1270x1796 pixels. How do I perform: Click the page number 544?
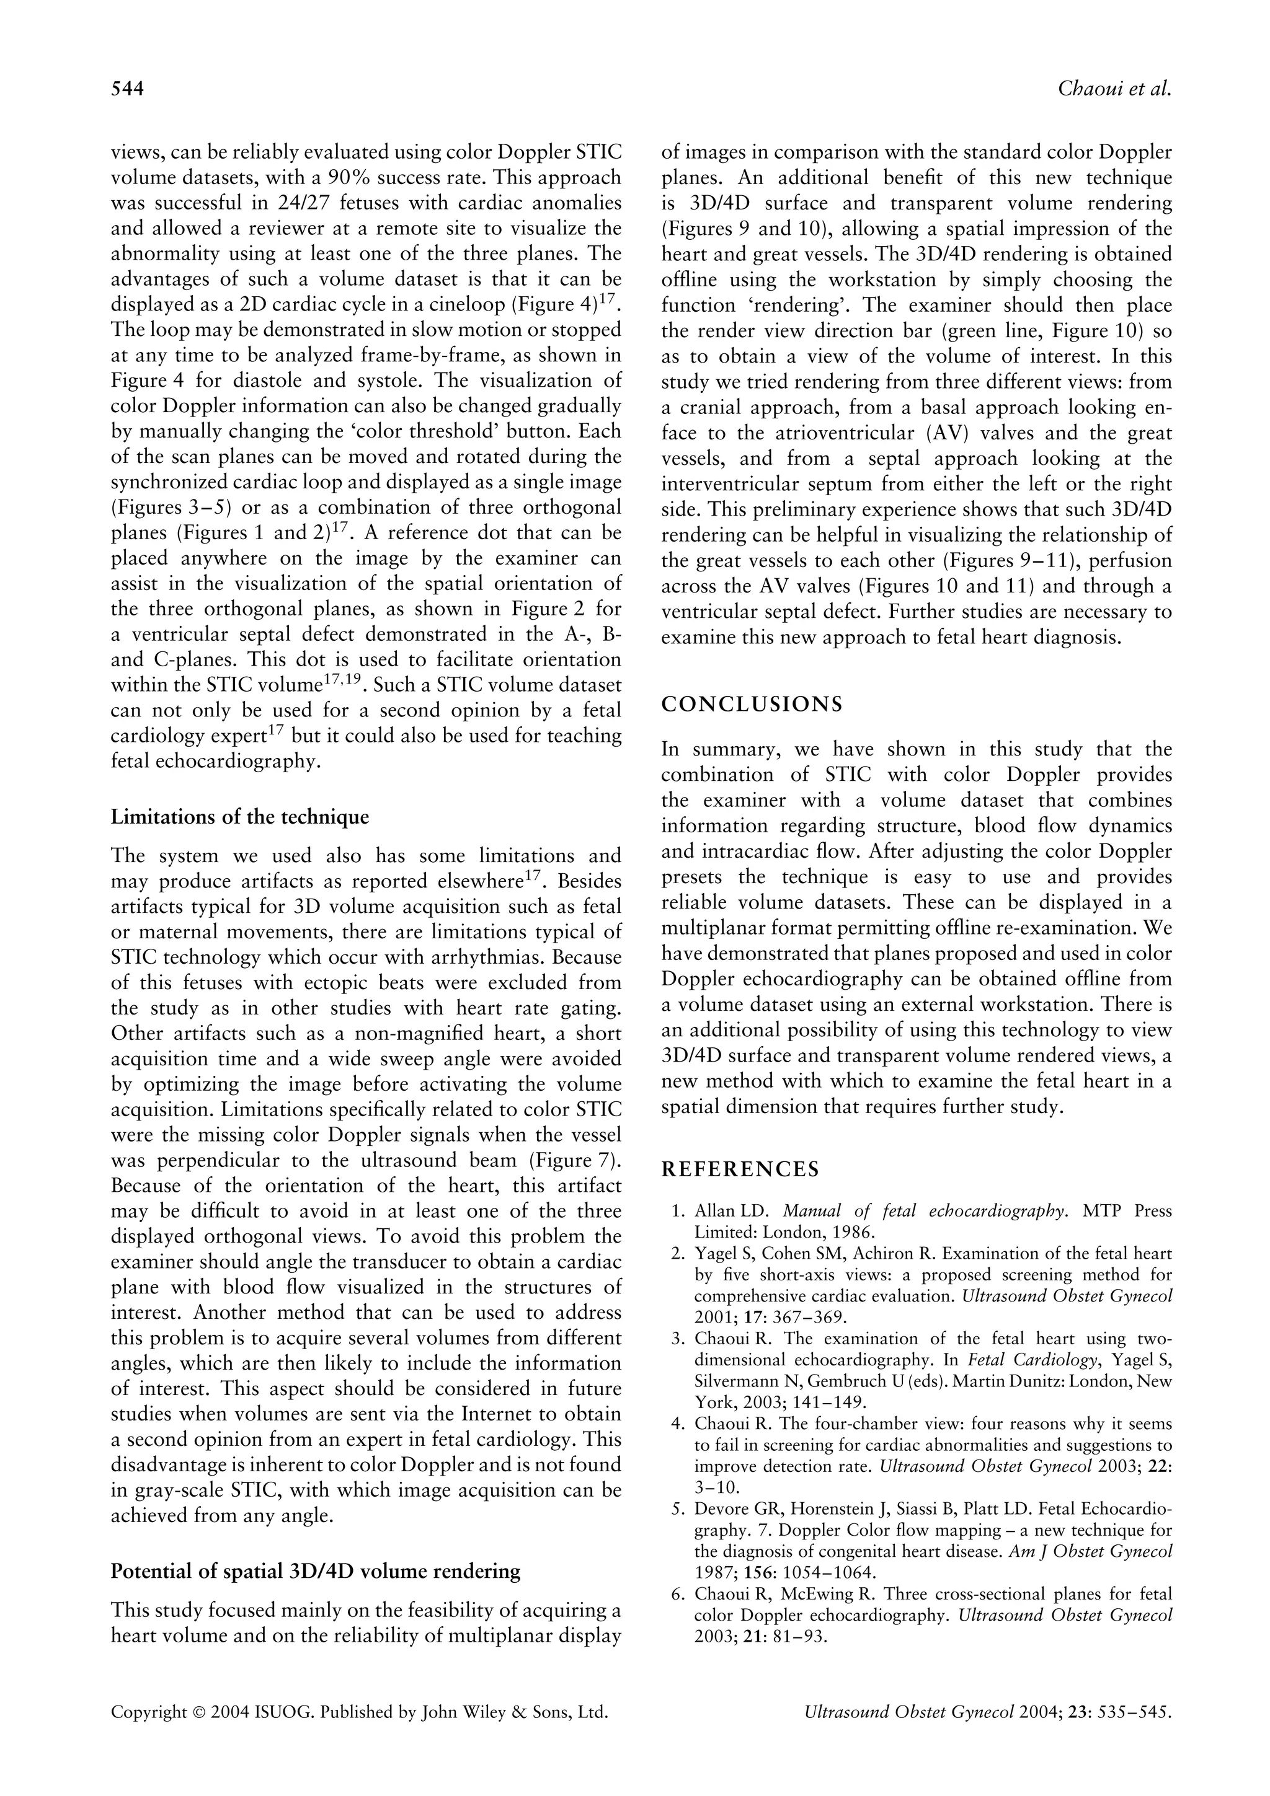click(128, 89)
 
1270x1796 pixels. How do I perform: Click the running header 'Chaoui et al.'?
click(1114, 89)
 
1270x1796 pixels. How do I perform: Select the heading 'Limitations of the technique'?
click(239, 817)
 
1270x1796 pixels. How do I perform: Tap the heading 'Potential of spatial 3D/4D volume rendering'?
click(316, 1570)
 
